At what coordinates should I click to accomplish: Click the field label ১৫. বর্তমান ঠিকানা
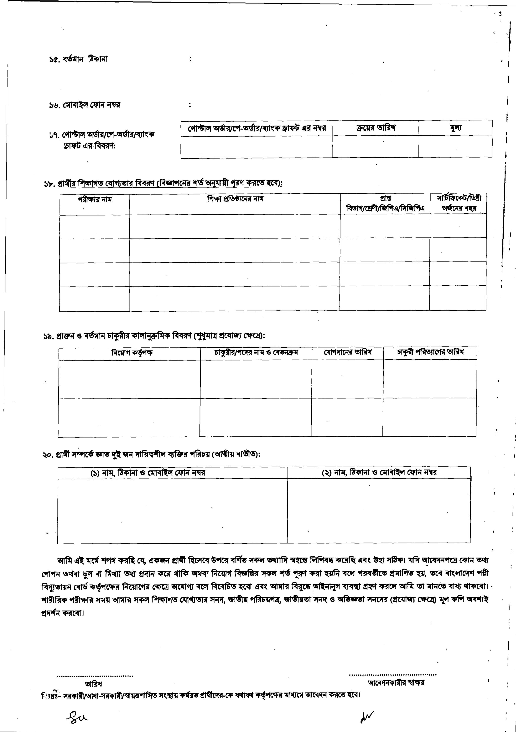[x=78, y=59]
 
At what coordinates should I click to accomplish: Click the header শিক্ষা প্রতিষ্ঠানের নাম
[x=235, y=199]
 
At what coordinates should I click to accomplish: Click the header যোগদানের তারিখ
[x=348, y=352]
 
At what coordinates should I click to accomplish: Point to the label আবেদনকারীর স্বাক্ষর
[x=396, y=683]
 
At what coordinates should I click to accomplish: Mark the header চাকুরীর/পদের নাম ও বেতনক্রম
[x=256, y=353]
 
